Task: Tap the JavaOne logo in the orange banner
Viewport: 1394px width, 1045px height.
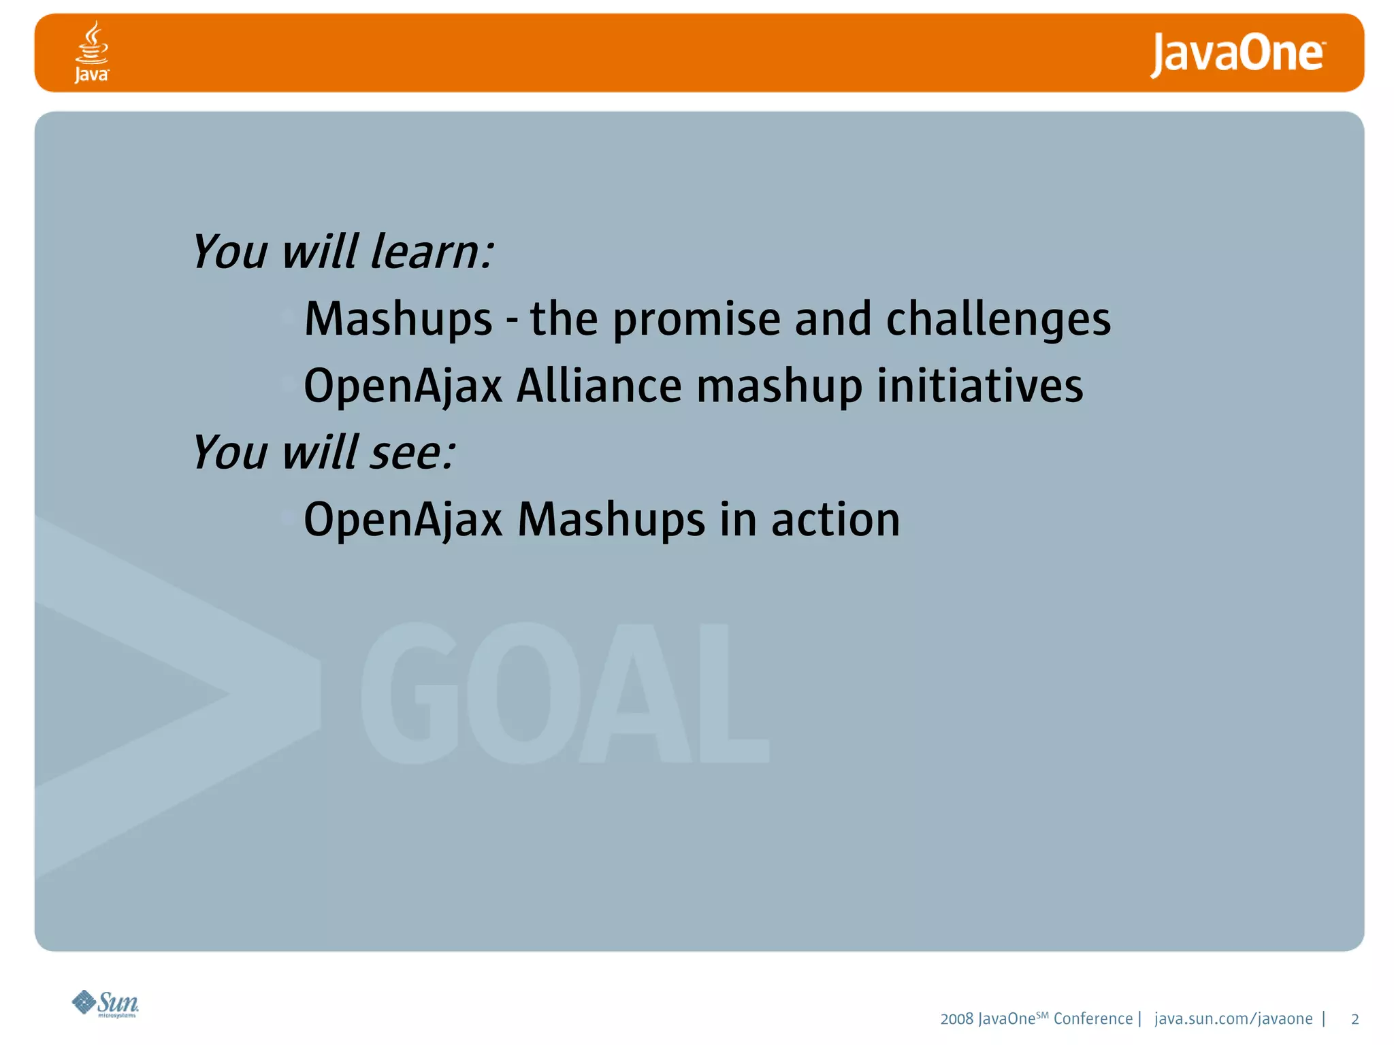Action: click(x=1237, y=54)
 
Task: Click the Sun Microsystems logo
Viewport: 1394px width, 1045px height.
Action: click(x=106, y=1003)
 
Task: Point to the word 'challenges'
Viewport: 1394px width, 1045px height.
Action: click(x=998, y=318)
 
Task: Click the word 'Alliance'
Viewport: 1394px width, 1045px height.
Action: click(x=599, y=386)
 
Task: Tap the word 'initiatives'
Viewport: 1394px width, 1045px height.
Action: click(x=979, y=386)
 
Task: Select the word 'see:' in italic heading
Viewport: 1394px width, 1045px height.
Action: click(x=412, y=452)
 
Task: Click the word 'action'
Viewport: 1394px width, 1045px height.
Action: click(x=835, y=520)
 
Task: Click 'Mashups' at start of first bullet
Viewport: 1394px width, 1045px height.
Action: click(x=398, y=320)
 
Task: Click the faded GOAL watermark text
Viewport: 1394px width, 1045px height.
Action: click(x=565, y=694)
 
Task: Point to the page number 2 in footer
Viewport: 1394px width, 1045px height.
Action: click(x=1355, y=1019)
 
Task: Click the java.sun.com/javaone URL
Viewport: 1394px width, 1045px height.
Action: click(x=1233, y=1018)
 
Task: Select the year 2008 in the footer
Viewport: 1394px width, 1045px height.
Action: click(x=956, y=1019)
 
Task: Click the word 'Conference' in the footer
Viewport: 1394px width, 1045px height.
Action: click(x=1092, y=1018)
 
